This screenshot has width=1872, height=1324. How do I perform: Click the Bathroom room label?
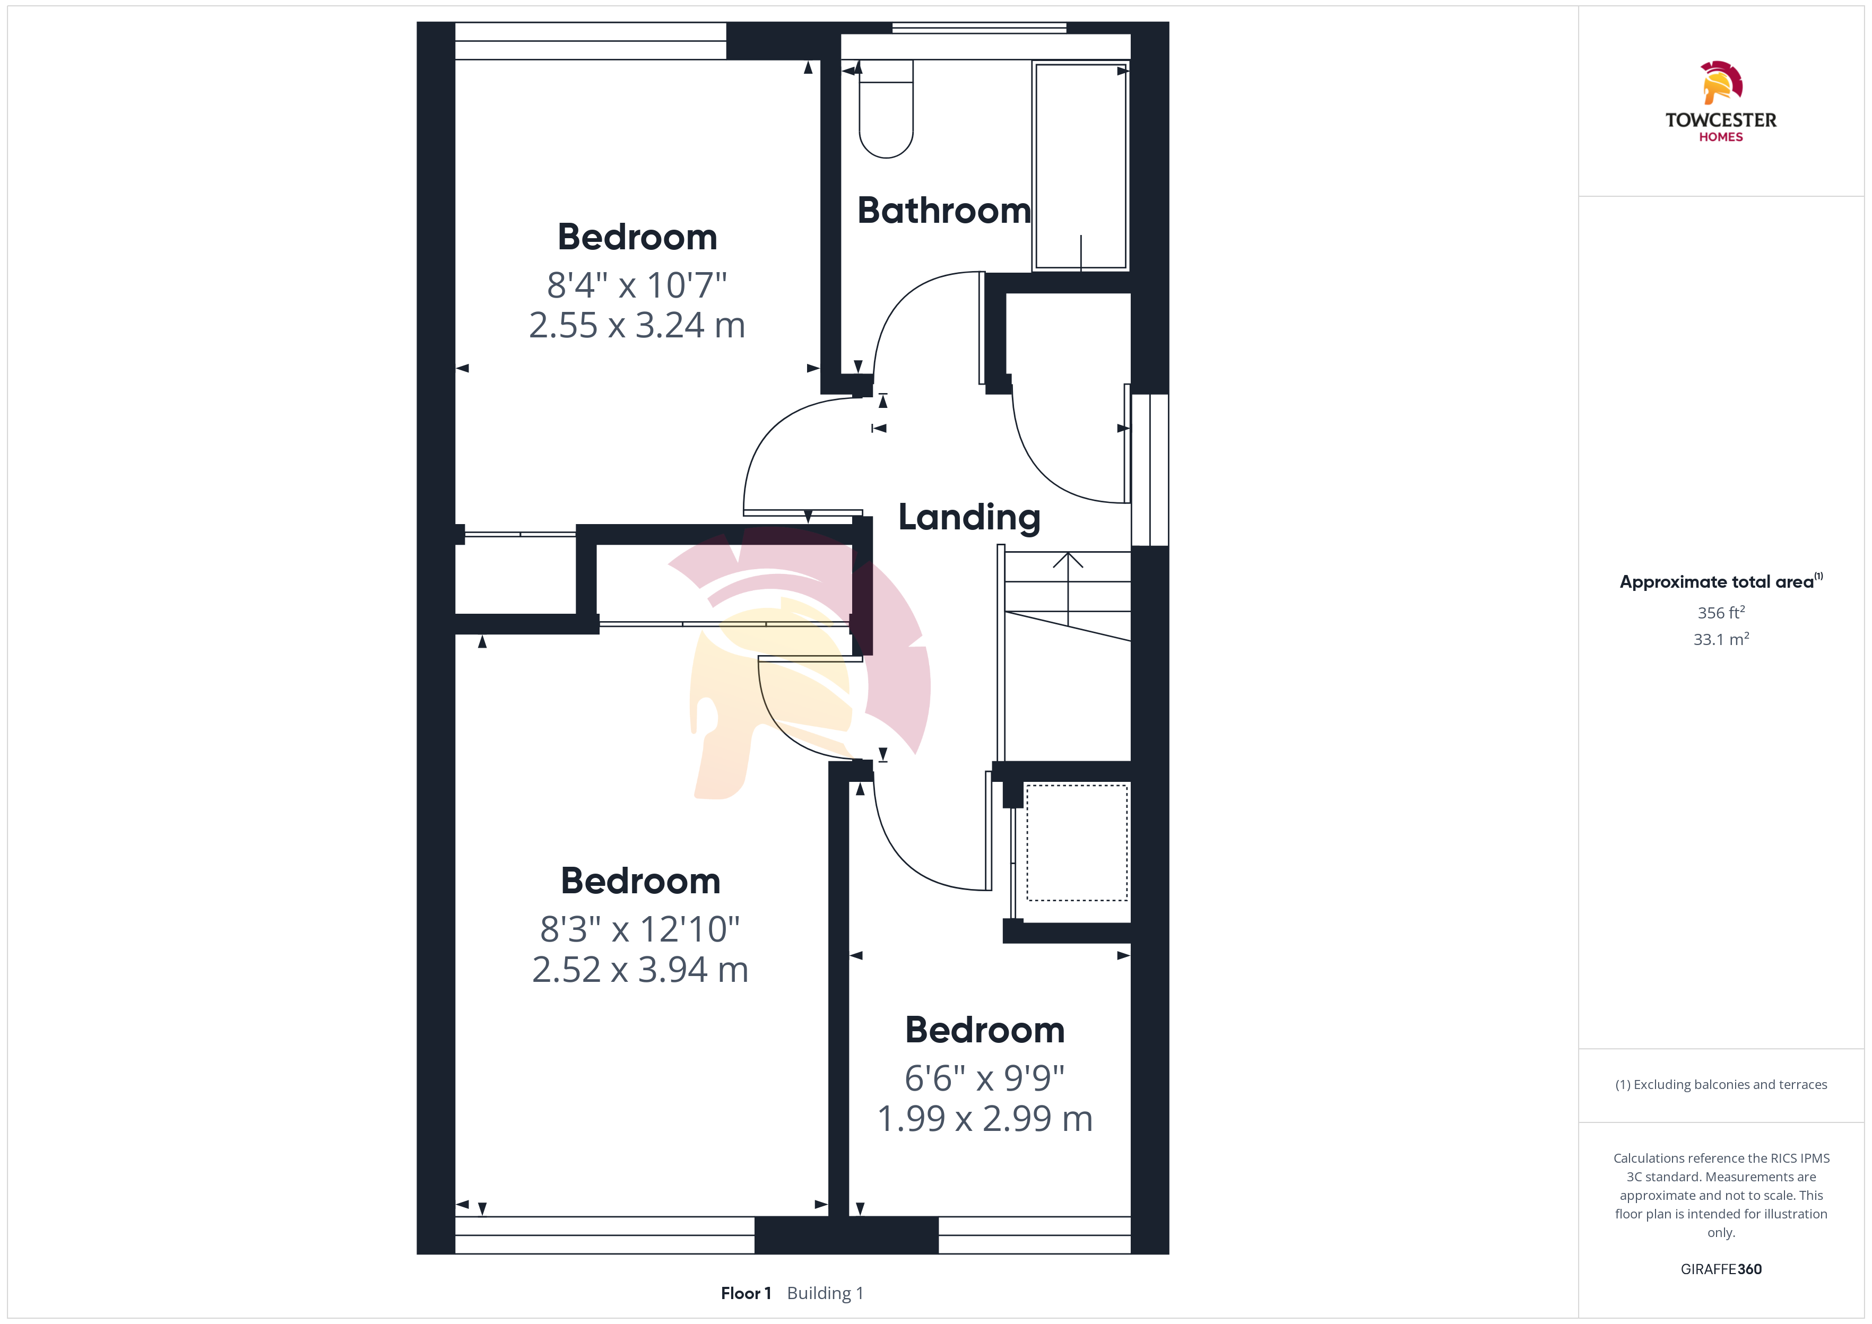point(944,211)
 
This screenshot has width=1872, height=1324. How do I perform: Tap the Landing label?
point(969,517)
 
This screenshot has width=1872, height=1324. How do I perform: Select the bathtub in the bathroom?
point(1080,165)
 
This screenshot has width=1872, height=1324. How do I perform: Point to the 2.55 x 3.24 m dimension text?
point(637,325)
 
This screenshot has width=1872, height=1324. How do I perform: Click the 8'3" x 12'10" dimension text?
point(640,929)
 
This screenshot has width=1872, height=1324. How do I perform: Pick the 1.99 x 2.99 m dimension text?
point(985,1119)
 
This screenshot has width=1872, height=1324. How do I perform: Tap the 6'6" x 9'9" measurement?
point(985,1078)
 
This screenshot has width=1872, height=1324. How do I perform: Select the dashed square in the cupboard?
point(1077,842)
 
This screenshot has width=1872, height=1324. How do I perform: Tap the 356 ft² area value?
point(1721,612)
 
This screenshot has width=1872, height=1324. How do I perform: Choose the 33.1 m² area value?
point(1721,639)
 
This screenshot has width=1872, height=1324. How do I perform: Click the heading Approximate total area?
point(1717,582)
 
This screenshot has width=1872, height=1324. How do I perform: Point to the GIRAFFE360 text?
point(1721,1269)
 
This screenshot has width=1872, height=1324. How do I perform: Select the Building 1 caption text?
point(825,1293)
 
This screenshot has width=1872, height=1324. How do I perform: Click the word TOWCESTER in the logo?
point(1721,120)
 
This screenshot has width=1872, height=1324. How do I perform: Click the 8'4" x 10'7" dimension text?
point(637,285)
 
